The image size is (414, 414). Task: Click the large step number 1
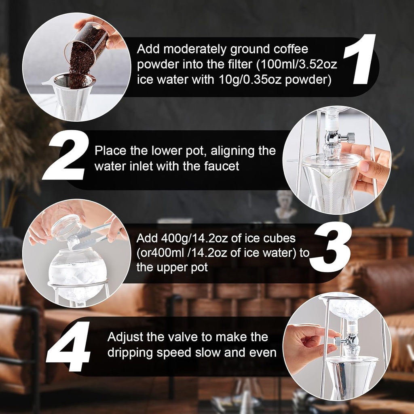pyautogui.click(x=358, y=61)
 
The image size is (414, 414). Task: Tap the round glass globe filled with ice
pyautogui.click(x=78, y=269)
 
